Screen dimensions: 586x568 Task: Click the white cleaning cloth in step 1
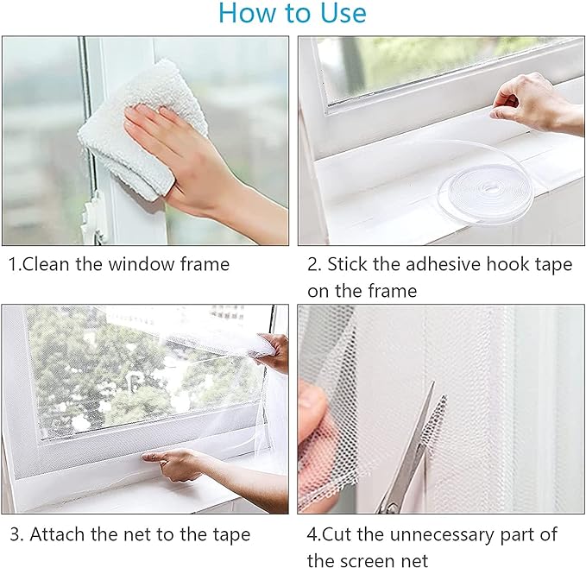[142, 127]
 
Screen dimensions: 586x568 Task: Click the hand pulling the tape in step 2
[535, 102]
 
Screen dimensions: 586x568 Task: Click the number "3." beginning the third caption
[16, 534]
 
